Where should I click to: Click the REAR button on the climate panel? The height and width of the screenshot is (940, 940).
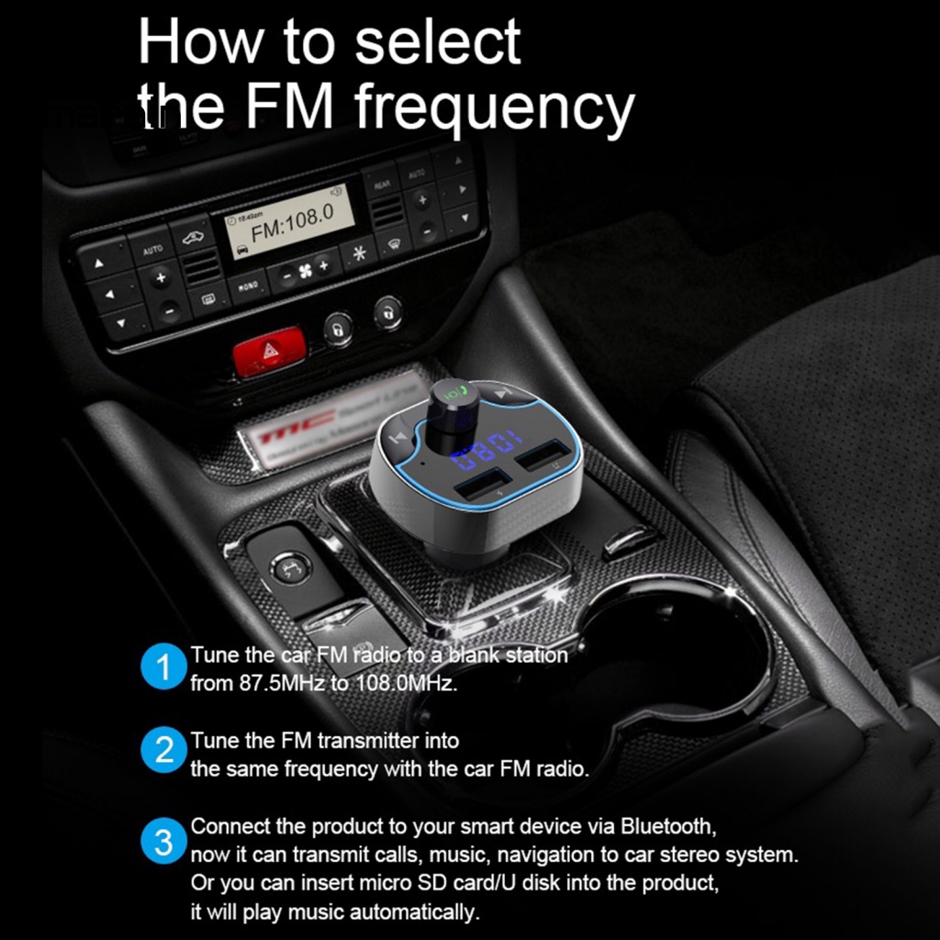tap(381, 185)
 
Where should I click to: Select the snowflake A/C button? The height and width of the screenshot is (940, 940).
tap(359, 252)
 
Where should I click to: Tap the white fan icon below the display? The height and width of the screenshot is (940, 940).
tap(295, 272)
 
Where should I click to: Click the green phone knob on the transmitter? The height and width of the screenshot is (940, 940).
tap(453, 394)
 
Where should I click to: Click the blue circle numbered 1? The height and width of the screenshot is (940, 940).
tap(164, 667)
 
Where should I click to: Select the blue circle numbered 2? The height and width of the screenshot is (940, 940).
tap(164, 752)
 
